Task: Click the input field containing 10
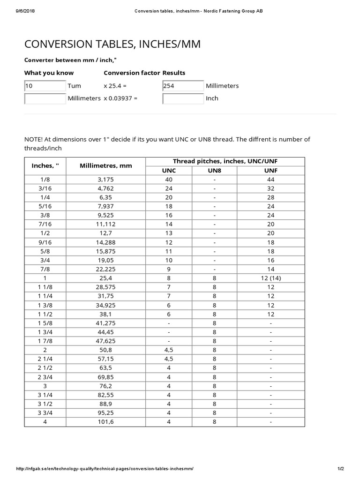click(x=45, y=86)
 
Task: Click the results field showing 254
click(x=183, y=86)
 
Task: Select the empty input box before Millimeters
click(x=45, y=98)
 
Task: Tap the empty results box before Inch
click(x=183, y=98)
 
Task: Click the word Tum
click(x=74, y=86)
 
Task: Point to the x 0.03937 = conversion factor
click(x=121, y=98)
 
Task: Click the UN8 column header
click(x=214, y=171)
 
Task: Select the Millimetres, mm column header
click(x=106, y=165)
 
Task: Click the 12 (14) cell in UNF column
click(x=270, y=278)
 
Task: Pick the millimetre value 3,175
click(x=106, y=180)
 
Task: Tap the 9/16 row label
click(x=45, y=242)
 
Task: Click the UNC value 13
click(x=169, y=233)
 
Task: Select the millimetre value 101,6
click(x=106, y=422)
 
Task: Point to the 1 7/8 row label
click(x=45, y=341)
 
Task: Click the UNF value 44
click(x=270, y=180)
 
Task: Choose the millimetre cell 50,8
click(x=106, y=350)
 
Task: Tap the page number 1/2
click(x=340, y=469)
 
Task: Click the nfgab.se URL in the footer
click(x=105, y=469)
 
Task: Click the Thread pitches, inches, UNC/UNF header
click(x=225, y=161)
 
